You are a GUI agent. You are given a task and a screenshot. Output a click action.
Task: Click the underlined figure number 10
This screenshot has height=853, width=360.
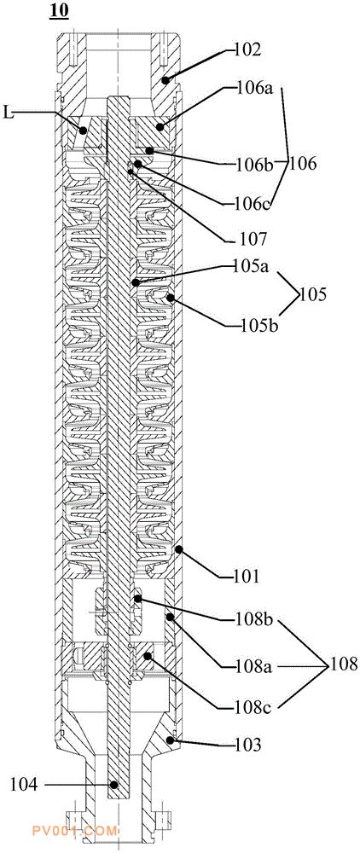pos(59,11)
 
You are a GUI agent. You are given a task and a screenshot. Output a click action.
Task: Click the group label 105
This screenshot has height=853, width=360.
pos(313,295)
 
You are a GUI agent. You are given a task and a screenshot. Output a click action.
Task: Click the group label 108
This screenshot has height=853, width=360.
pos(341,664)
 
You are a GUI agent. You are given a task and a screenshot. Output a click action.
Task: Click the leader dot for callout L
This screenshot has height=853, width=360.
pos(84,131)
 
